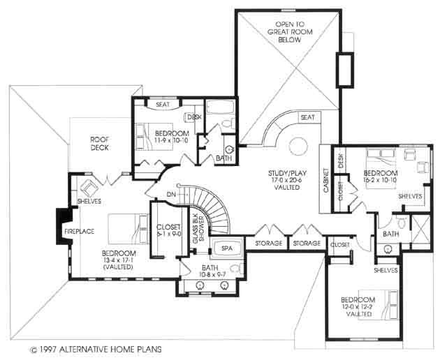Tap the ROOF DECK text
[101, 143]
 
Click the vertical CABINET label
[326, 179]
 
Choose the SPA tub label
[226, 248]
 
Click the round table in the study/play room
[298, 147]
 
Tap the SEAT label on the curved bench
[307, 118]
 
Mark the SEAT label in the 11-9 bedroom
[163, 105]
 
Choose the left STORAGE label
[268, 243]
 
